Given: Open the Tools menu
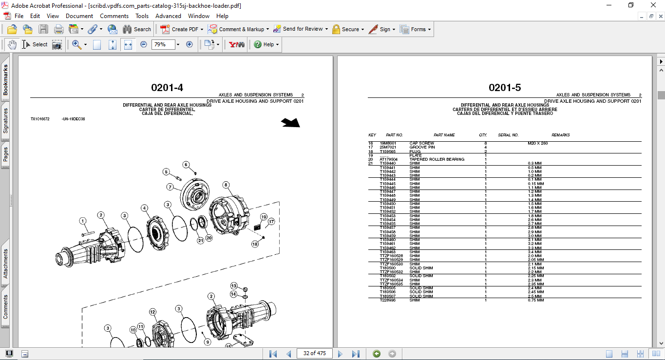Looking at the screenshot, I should point(142,16).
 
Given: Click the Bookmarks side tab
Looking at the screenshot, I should point(5,80).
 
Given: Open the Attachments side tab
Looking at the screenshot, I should point(5,264).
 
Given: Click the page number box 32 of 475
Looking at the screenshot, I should point(314,353).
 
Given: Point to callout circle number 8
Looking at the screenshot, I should point(226,185).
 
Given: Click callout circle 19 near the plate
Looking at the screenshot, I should point(264,217).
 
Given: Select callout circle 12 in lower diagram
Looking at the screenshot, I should point(152,312).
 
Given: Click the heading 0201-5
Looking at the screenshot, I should point(505,88).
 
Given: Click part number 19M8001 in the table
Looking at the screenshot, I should point(388,143).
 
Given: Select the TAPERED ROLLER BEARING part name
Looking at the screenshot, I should point(437,159).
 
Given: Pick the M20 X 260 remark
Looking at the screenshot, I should point(537,143).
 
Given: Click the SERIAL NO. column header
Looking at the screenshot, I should point(508,135).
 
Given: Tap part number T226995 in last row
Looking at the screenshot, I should point(388,300).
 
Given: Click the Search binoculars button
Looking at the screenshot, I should point(136,29).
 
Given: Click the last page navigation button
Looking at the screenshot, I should point(356,354).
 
